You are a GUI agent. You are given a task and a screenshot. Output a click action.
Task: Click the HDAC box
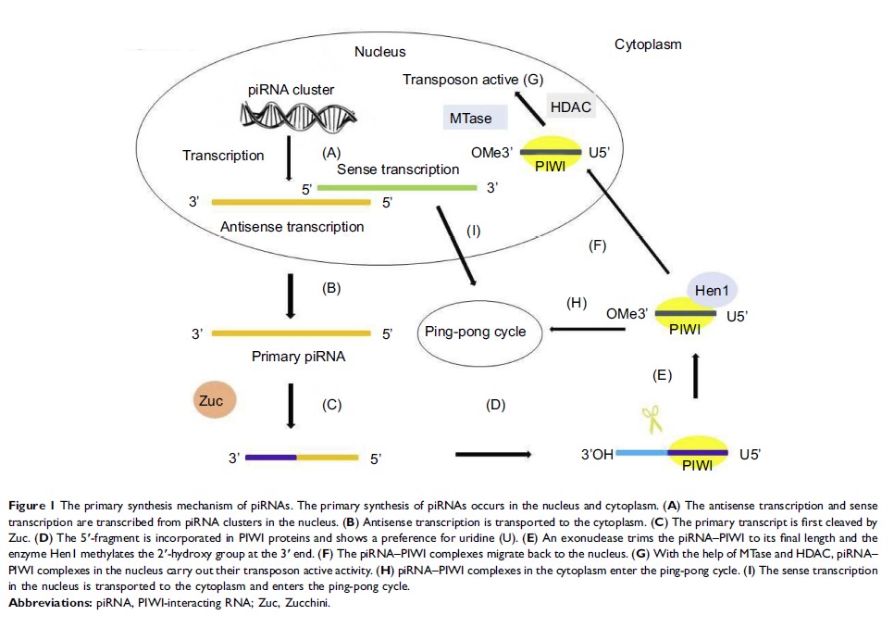pyautogui.click(x=570, y=107)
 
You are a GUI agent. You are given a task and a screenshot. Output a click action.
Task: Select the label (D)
pyautogui.click(x=496, y=404)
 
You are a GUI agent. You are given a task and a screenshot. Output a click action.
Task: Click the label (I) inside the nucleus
pyautogui.click(x=473, y=232)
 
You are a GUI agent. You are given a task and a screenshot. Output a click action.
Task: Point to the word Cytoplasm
pyautogui.click(x=649, y=44)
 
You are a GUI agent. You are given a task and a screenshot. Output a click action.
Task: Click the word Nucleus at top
pyautogui.click(x=379, y=52)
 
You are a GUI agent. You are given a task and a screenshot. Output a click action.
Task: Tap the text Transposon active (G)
pyautogui.click(x=472, y=80)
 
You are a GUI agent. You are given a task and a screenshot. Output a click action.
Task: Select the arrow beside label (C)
pyautogui.click(x=292, y=406)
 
